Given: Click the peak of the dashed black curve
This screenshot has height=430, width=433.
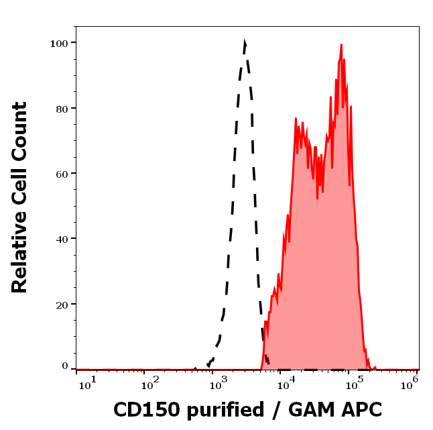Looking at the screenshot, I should (x=245, y=42).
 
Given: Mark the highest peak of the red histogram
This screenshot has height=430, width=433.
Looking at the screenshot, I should (x=341, y=45).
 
